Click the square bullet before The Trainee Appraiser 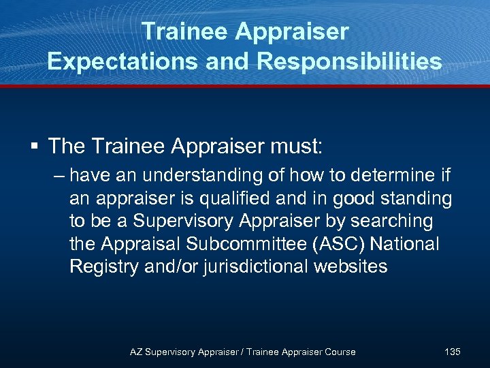click(33, 146)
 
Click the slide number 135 click(452, 352)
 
